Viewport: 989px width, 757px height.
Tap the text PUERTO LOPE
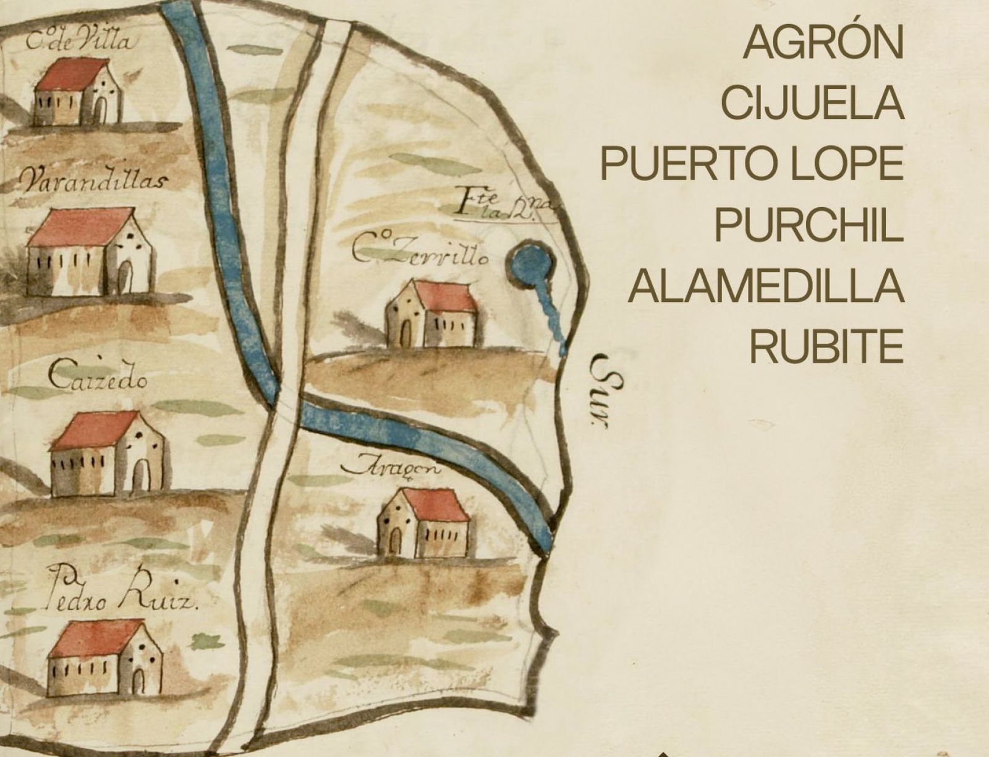coord(752,165)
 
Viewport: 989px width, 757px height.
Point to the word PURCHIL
coord(808,225)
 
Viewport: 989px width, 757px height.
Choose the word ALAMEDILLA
coord(766,286)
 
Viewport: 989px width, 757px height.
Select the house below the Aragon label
coord(424,523)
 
